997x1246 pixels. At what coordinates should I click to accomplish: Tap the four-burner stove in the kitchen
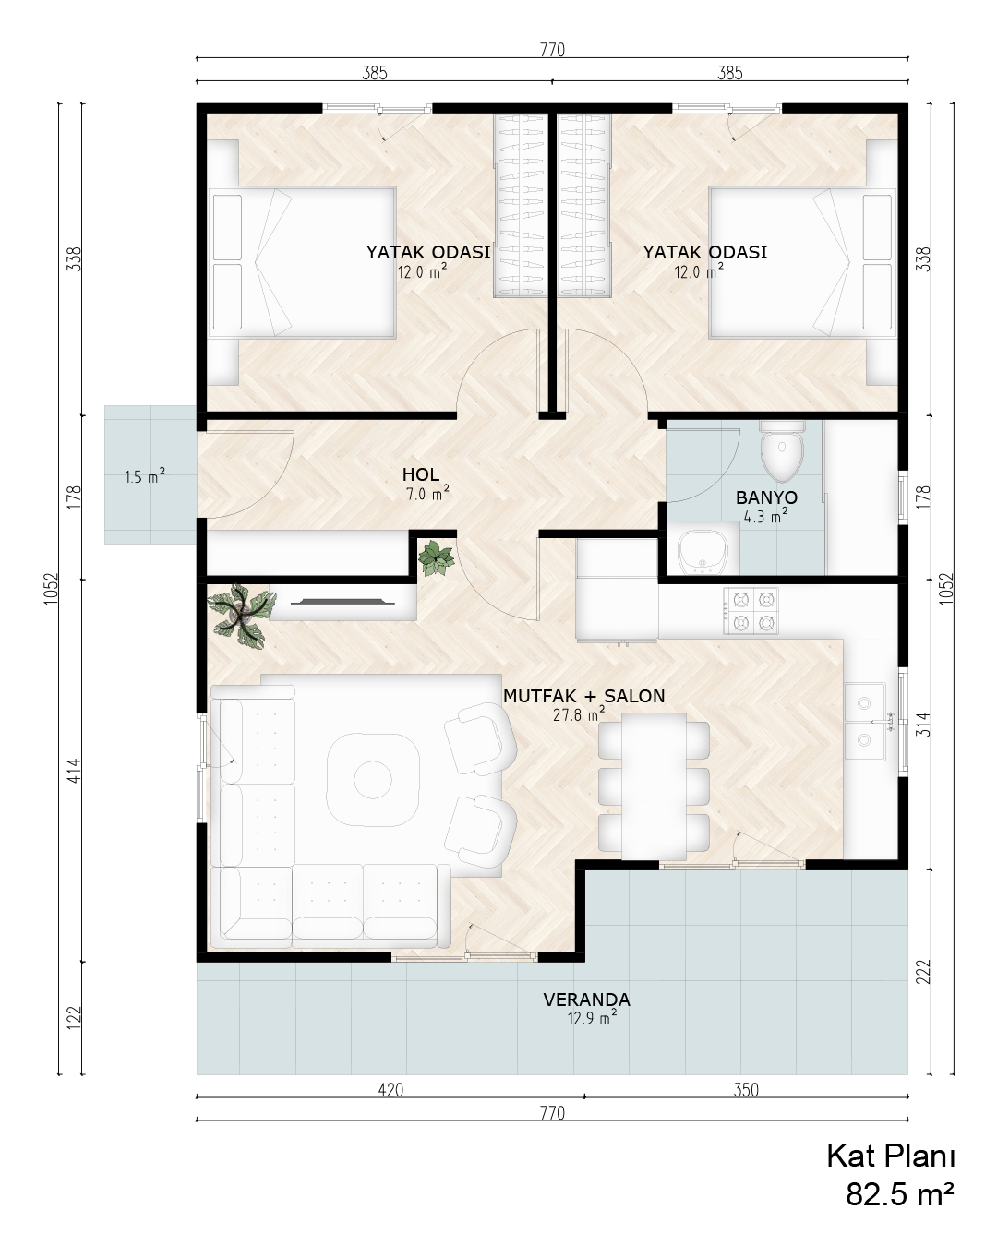tap(751, 611)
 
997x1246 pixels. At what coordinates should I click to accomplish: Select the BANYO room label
tap(766, 497)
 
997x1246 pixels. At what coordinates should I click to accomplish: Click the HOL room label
tap(421, 474)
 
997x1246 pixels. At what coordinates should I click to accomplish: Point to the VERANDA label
tap(586, 1000)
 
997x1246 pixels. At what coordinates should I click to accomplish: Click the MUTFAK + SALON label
tap(584, 695)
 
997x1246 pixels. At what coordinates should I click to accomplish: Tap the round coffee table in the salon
tap(373, 780)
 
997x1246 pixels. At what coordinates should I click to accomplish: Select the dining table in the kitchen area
tap(654, 785)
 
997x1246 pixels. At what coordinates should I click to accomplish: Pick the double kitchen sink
tap(864, 721)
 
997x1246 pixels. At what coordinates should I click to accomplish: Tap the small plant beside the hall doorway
tap(436, 558)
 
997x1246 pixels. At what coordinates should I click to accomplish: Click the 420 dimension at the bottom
tap(390, 1090)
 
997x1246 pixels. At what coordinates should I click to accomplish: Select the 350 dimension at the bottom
tap(746, 1090)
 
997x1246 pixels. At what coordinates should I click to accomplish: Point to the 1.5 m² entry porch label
tap(145, 476)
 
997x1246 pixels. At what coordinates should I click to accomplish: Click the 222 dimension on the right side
tap(925, 972)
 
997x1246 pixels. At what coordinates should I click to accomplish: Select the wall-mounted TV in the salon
tap(343, 602)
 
